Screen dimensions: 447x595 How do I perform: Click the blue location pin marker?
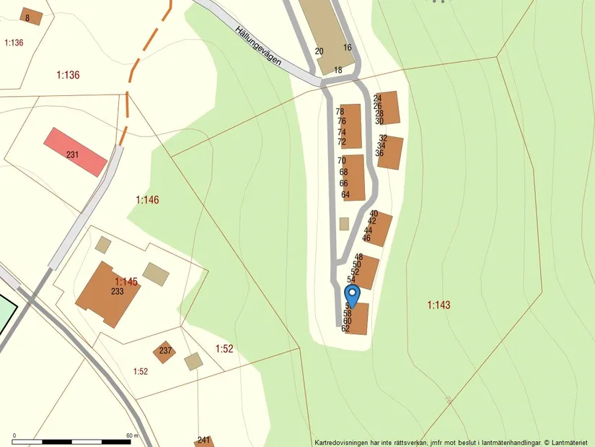[352, 295]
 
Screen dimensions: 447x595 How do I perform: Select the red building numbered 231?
[75, 152]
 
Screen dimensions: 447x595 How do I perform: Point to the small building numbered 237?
[165, 352]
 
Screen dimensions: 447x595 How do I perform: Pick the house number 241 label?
[204, 441]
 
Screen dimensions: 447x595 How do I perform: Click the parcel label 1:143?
[438, 305]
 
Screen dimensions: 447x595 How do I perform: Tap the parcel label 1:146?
[147, 200]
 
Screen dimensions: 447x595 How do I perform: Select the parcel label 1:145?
[125, 281]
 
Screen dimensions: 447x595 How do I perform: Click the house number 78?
[340, 112]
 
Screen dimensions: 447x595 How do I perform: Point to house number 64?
[345, 195]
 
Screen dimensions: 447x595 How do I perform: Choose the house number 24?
[377, 98]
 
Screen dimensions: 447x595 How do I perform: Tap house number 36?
[379, 153]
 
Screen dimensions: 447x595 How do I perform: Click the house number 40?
[374, 214]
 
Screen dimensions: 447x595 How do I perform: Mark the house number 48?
[358, 257]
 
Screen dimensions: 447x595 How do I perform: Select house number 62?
[345, 329]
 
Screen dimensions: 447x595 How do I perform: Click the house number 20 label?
[319, 51]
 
